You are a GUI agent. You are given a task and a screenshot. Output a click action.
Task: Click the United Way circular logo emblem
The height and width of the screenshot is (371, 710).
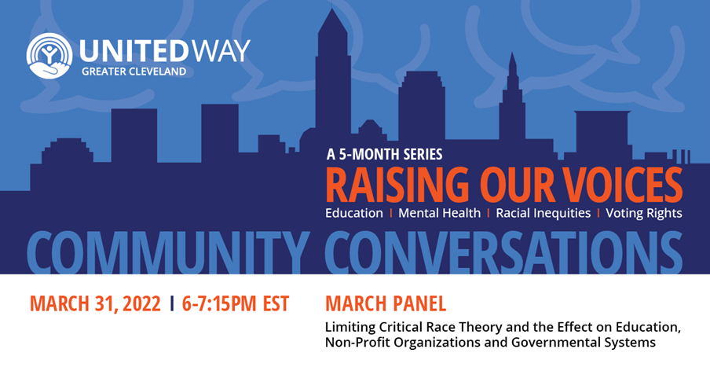[x=49, y=56]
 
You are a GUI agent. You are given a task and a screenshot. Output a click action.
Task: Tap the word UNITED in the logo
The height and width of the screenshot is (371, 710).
[x=134, y=51]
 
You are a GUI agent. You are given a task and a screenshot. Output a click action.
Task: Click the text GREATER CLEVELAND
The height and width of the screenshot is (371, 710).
[x=134, y=72]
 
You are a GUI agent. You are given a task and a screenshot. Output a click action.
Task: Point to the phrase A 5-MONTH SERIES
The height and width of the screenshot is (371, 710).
[x=384, y=155]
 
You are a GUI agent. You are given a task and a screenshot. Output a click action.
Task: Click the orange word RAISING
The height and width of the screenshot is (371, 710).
[x=397, y=185]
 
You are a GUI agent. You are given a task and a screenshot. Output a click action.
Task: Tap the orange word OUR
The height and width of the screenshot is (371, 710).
[x=517, y=185]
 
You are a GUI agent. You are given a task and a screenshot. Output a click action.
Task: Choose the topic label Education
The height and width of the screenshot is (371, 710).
[x=354, y=213]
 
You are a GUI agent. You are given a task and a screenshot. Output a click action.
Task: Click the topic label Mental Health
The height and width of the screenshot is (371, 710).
[x=439, y=213]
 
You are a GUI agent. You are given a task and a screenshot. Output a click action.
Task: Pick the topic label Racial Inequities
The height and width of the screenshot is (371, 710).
[x=543, y=213]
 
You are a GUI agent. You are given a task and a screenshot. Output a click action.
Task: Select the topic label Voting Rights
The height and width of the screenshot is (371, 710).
[x=644, y=213]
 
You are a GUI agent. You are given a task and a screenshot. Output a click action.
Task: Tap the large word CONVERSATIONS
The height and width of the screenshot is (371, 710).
[x=503, y=252]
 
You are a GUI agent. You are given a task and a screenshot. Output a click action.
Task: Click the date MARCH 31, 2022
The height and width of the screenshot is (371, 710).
[x=95, y=303]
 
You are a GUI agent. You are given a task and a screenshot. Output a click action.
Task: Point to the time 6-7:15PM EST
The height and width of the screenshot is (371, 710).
[x=236, y=303]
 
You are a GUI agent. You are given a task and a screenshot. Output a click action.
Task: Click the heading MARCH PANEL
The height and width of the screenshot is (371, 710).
[x=386, y=303]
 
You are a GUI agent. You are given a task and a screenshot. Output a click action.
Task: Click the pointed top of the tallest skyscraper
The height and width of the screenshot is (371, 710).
[x=332, y=9]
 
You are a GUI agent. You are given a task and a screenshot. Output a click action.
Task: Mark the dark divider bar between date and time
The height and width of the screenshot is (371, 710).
[x=172, y=303]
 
